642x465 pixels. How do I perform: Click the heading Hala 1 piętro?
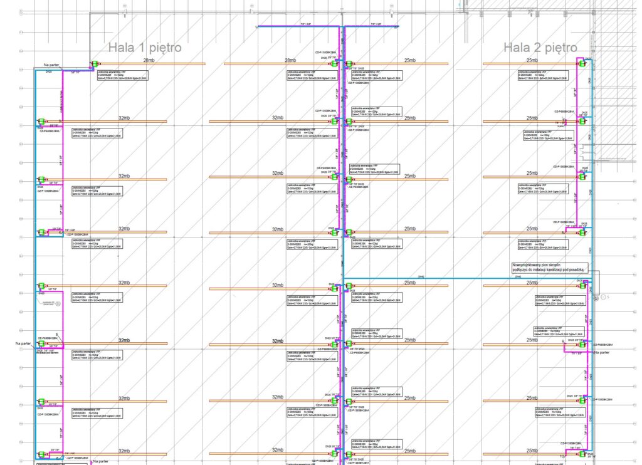click(x=145, y=47)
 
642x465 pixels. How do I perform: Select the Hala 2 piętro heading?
click(x=540, y=47)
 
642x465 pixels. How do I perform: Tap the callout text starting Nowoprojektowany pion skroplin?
click(x=548, y=267)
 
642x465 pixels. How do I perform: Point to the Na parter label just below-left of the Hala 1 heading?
click(x=51, y=65)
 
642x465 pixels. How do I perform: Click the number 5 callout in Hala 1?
click(x=56, y=335)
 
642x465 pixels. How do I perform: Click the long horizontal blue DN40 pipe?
click(x=464, y=278)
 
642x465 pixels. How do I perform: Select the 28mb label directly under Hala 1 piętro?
click(x=149, y=60)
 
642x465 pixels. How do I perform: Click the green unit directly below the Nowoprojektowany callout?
click(x=581, y=286)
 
